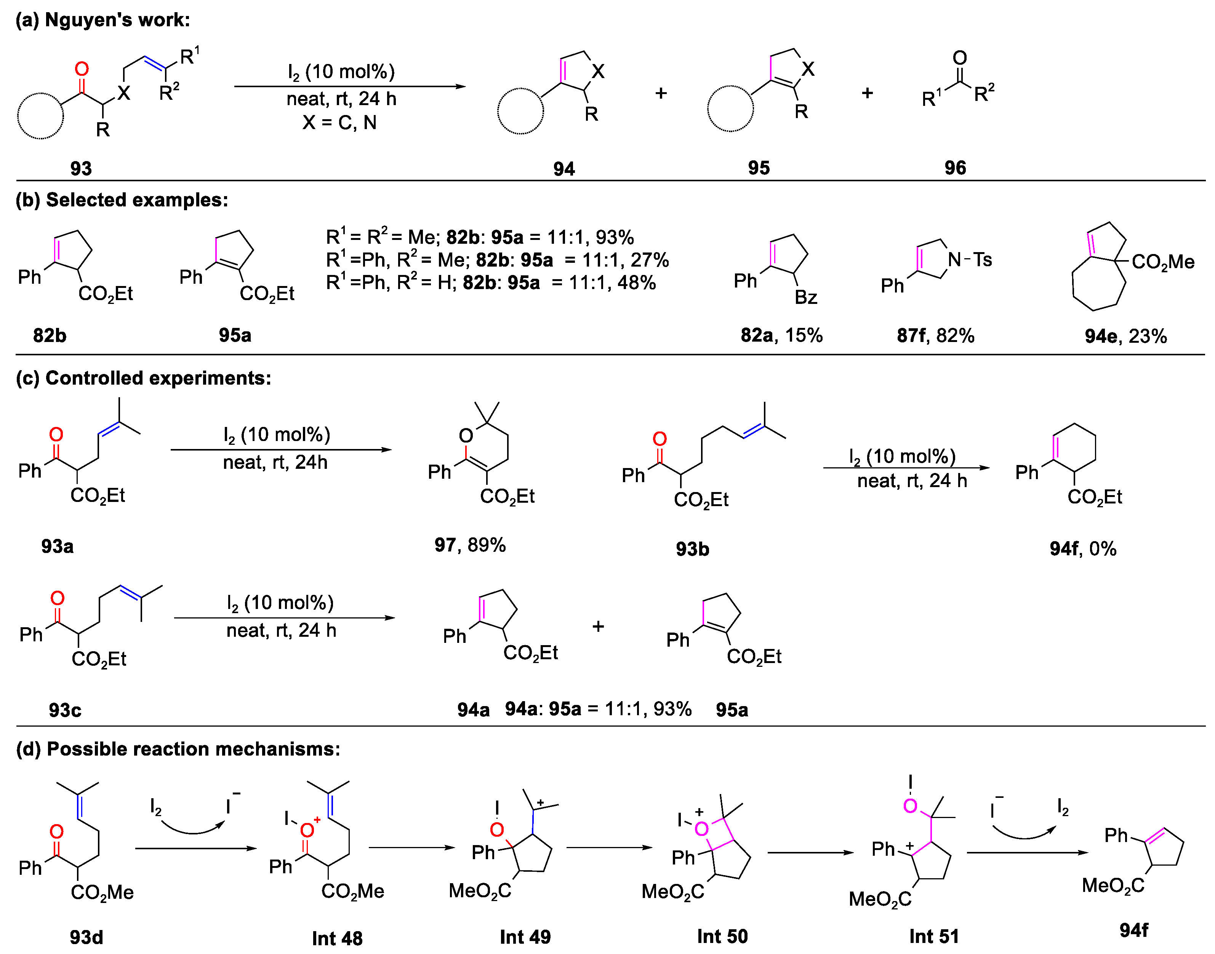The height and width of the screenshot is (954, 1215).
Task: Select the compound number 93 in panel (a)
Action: (81, 168)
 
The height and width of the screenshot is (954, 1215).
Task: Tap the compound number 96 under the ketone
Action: (955, 168)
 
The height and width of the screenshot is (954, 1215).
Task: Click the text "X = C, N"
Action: (339, 122)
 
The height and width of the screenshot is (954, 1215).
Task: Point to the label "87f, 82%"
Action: (936, 335)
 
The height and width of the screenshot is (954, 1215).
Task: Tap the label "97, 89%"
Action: (470, 545)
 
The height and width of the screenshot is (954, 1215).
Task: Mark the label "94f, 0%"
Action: (1083, 548)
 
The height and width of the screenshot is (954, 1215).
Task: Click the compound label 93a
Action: (58, 546)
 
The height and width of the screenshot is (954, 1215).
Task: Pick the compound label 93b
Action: (692, 549)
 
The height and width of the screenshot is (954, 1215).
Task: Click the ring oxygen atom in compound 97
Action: (466, 436)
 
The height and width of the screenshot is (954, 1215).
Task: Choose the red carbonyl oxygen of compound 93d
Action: (56, 832)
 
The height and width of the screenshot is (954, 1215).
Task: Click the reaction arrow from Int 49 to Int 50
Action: (609, 848)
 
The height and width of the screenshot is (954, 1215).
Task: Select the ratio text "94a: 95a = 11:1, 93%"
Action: (598, 709)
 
